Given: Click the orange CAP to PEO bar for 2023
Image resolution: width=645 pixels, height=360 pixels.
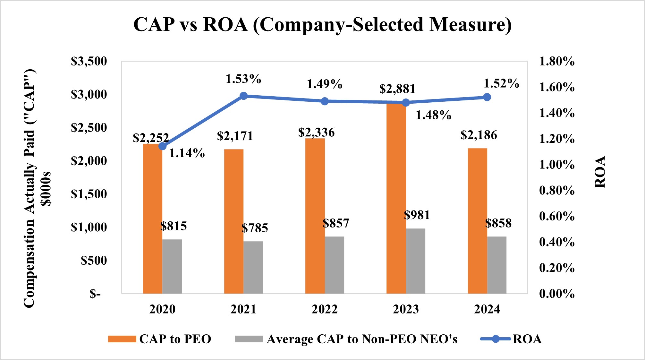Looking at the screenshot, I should coord(396,199).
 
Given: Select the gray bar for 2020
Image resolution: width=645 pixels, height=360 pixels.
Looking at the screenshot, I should coord(172,266).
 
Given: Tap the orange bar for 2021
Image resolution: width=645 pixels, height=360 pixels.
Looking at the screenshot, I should coord(234,221).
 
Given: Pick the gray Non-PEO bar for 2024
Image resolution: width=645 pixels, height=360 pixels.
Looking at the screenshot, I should coord(497,265).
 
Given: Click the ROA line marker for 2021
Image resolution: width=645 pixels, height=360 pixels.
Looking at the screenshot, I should coord(243,96).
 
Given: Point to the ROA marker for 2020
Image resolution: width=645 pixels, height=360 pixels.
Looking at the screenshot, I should coord(163,146).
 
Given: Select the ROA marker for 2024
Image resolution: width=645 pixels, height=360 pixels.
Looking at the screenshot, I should coord(487,97).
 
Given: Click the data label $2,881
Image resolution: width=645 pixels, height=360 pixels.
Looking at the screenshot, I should coord(397,89).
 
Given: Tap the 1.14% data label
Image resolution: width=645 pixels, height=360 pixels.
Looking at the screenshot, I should coord(187,153).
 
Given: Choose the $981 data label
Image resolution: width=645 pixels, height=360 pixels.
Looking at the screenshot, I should coord(417,215).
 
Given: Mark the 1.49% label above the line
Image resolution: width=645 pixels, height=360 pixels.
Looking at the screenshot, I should coord(324,84).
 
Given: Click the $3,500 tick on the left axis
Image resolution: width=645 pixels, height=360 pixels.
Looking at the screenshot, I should coord(89,61).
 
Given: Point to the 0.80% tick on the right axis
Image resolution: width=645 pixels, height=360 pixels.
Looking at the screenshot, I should coord(556,190).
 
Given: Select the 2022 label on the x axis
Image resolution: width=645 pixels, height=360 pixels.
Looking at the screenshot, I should coord(325,309).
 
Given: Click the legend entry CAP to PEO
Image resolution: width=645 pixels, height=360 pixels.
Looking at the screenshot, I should coord(175,339).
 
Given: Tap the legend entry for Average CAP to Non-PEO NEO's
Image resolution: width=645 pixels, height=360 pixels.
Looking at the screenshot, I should coord(361,339).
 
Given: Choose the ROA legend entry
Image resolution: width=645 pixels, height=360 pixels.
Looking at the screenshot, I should coord(527,339).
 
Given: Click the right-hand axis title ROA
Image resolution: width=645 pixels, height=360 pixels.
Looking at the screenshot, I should coord(600,172).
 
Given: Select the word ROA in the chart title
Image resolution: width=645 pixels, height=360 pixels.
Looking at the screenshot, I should coord(225,24).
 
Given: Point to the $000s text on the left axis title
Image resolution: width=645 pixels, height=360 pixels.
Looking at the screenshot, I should coord(47,188).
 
